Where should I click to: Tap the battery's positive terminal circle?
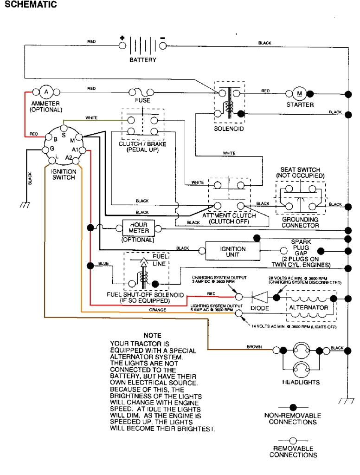pos(122,46)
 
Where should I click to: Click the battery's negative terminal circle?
pos(163,46)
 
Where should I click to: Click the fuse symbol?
pos(142,91)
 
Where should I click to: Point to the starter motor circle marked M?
pos(299,93)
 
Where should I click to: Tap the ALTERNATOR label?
pos(309,307)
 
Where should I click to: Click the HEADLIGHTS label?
pos(301,382)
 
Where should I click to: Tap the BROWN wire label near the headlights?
pos(254,346)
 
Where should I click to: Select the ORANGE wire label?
pos(158,310)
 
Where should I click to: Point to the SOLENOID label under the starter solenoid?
pos(228,129)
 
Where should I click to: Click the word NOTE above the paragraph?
pos(152,335)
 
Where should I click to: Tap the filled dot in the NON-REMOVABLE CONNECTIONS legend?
pos(292,407)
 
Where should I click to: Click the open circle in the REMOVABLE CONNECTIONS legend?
pos(292,440)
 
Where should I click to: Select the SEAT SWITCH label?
pos(300,170)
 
